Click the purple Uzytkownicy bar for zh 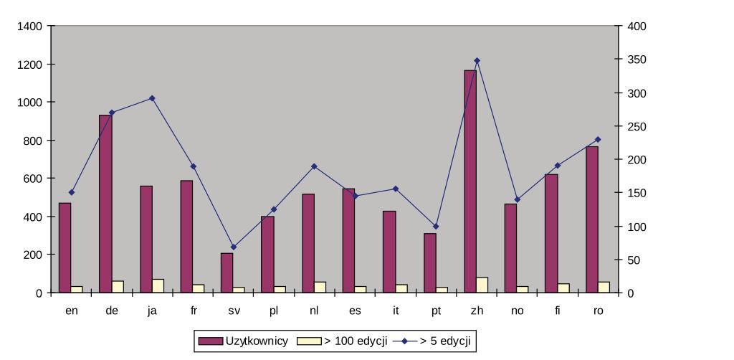470,181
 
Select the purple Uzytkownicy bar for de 105,204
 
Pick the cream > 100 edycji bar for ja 158,285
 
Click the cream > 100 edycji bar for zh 482,285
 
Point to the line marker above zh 477,61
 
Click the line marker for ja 152,98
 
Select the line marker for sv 233,247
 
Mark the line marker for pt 436,227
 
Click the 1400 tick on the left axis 32,27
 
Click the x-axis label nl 314,311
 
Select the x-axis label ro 599,311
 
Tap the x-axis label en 71,311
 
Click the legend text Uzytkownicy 257,341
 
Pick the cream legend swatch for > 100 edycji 309,341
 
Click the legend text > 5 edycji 444,341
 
